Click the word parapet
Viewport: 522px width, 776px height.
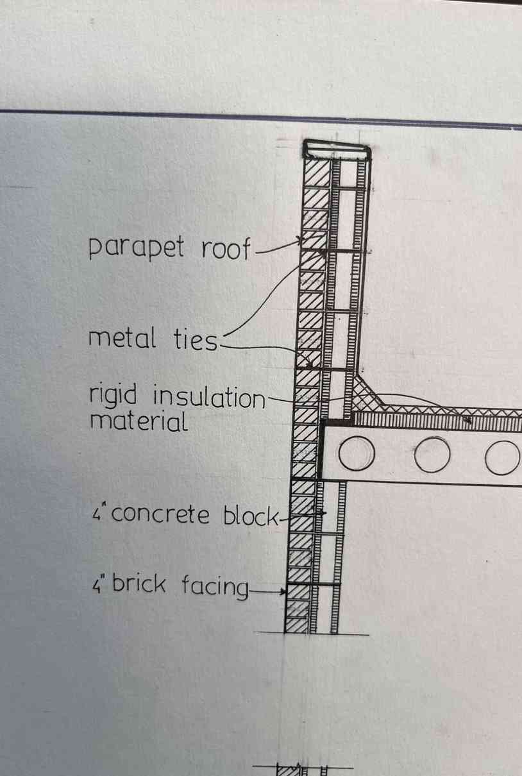tap(136, 248)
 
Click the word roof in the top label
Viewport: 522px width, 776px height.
tap(226, 248)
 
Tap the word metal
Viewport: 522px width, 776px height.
tap(122, 338)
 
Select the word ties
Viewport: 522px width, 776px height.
tap(195, 339)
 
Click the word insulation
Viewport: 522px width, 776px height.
tap(209, 397)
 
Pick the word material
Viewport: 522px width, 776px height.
tap(139, 422)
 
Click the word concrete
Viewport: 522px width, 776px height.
tap(160, 515)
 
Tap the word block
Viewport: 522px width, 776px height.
tap(251, 515)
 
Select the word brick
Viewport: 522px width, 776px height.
tap(139, 583)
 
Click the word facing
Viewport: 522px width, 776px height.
tap(215, 586)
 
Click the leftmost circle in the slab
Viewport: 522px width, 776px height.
tap(357, 453)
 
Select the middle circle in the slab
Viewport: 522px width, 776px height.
tap(432, 454)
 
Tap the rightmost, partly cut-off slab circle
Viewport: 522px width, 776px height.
tap(503, 457)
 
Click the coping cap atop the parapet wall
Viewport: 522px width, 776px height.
tap(337, 149)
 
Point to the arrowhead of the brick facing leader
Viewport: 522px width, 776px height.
tap(284, 591)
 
